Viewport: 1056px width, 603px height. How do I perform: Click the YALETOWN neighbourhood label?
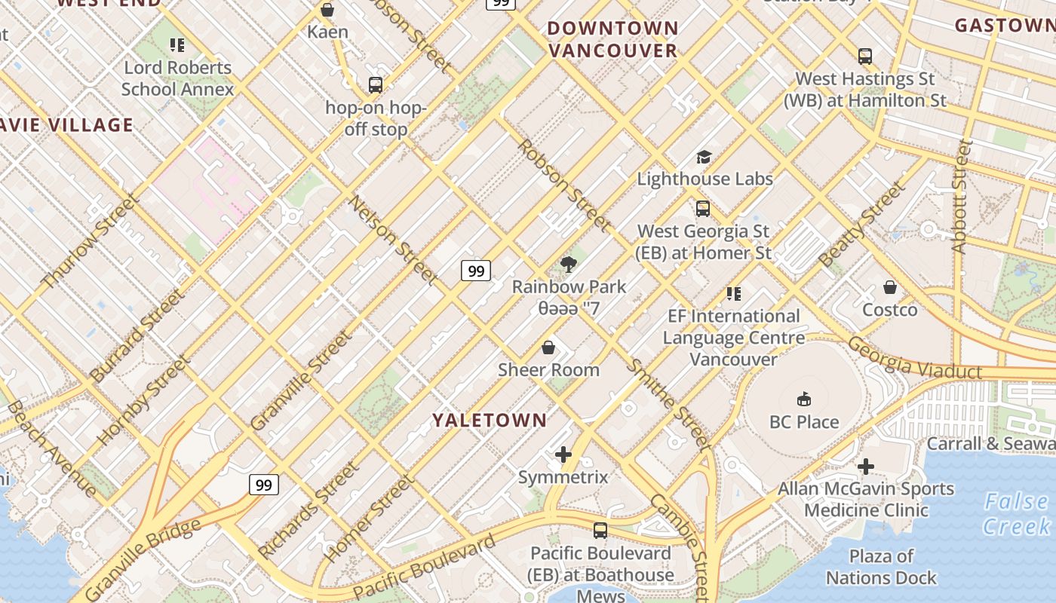pyautogui.click(x=490, y=420)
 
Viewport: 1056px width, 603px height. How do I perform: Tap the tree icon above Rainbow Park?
pyautogui.click(x=569, y=264)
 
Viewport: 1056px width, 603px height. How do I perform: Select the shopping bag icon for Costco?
pyautogui.click(x=890, y=287)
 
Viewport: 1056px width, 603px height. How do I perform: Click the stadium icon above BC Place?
pyautogui.click(x=804, y=399)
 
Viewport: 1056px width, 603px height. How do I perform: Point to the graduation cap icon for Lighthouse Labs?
pyautogui.click(x=704, y=157)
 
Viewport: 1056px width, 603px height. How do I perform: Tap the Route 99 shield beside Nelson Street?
pyautogui.click(x=476, y=271)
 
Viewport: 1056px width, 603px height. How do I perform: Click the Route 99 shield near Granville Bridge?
pyautogui.click(x=264, y=485)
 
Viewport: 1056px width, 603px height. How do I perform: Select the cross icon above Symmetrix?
pyautogui.click(x=563, y=455)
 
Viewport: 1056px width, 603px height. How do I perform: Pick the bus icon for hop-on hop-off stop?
pyautogui.click(x=376, y=84)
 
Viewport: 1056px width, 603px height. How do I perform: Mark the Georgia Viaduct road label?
pyautogui.click(x=913, y=358)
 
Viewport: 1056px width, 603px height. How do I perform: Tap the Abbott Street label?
pyautogui.click(x=960, y=196)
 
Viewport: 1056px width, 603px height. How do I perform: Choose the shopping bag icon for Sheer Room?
pyautogui.click(x=548, y=347)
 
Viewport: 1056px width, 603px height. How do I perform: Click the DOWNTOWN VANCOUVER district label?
pyautogui.click(x=612, y=39)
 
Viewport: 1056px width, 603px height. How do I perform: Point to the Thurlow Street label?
pyautogui.click(x=89, y=242)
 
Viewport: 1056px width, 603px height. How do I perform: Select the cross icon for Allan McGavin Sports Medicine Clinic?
pyautogui.click(x=866, y=467)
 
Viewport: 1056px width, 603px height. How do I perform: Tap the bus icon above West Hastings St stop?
pyautogui.click(x=865, y=56)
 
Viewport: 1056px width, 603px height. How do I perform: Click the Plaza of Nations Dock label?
pyautogui.click(x=881, y=567)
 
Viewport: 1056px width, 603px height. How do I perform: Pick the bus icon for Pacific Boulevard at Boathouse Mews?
pyautogui.click(x=600, y=531)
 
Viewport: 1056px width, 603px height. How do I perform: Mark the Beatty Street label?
pyautogui.click(x=861, y=225)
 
